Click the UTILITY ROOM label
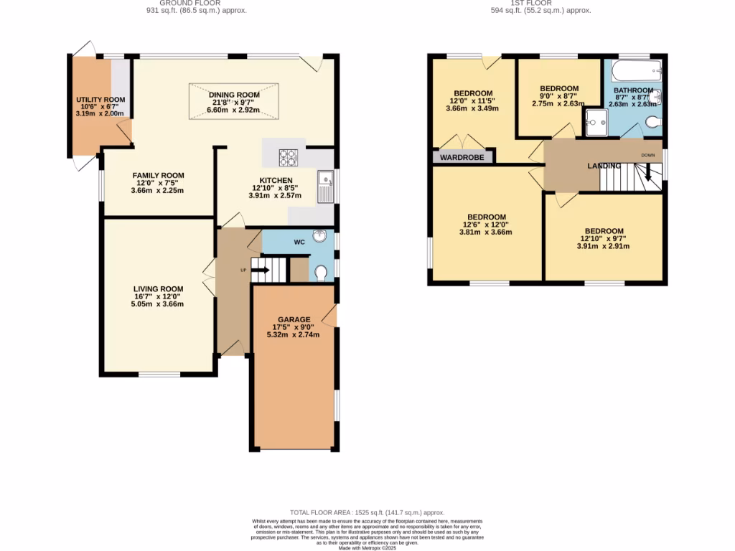click(100, 100)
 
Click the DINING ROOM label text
click(234, 95)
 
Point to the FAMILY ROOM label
click(158, 175)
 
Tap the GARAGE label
click(294, 319)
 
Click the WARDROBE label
click(462, 157)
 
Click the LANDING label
click(604, 166)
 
